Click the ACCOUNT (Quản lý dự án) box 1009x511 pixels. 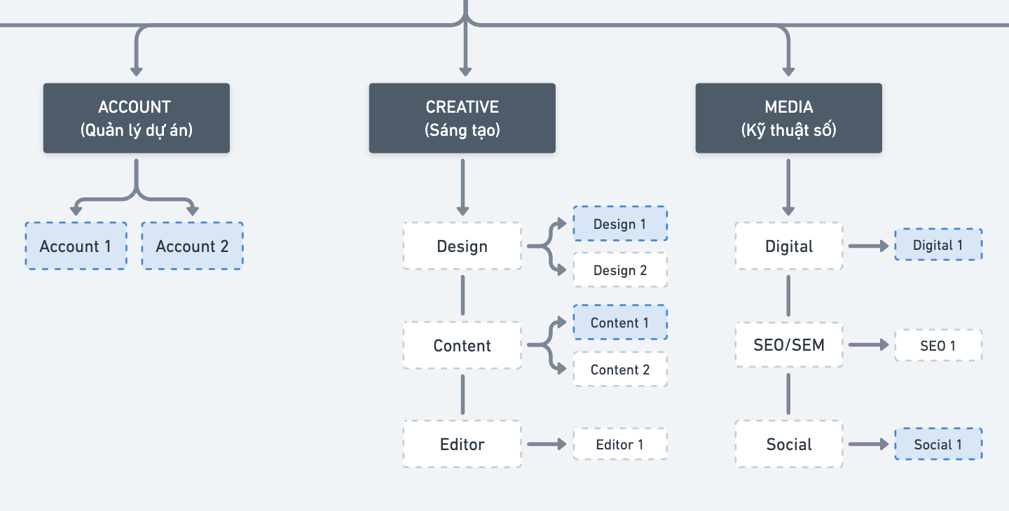(x=137, y=118)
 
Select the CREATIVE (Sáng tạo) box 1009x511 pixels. (x=462, y=118)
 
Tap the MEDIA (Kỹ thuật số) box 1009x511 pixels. (x=789, y=118)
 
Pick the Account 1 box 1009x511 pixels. (x=76, y=246)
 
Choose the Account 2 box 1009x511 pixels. (x=192, y=246)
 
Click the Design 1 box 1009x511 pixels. (x=620, y=223)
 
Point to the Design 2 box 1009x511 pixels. (x=620, y=270)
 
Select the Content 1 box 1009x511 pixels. (x=620, y=323)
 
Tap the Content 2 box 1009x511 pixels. (x=620, y=370)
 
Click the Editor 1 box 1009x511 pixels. (x=620, y=444)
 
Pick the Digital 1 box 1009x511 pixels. (x=938, y=245)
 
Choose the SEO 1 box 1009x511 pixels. (x=938, y=346)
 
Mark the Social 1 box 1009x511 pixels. (x=938, y=444)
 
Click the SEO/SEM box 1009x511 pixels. (x=789, y=345)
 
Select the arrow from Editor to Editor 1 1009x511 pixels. (x=547, y=444)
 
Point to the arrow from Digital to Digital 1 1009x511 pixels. (x=868, y=246)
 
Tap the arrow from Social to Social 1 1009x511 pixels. (x=868, y=444)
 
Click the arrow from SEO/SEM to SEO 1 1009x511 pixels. (x=868, y=345)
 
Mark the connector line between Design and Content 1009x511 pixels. (x=462, y=295)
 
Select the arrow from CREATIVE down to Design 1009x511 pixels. (x=462, y=187)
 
